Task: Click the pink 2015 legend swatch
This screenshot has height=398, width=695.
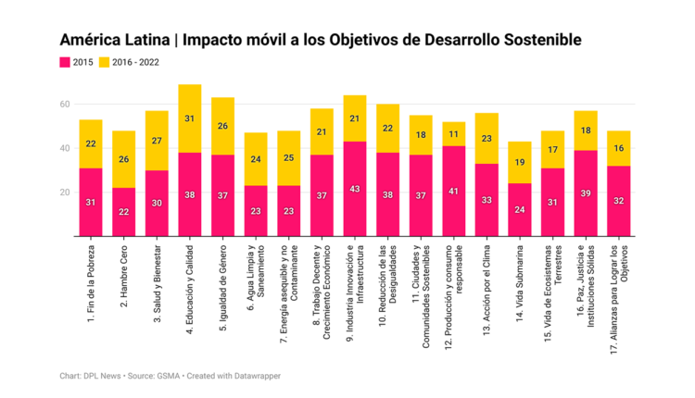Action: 66,62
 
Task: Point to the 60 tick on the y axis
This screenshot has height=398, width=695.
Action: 66,104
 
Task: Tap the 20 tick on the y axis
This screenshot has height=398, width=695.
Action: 66,192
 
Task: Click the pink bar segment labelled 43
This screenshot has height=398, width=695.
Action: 355,189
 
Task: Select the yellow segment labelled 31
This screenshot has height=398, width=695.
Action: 190,118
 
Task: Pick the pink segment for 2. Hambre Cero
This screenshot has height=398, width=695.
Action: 124,212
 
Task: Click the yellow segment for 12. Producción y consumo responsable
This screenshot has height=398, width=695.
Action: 454,134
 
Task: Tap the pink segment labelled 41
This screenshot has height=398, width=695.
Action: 454,191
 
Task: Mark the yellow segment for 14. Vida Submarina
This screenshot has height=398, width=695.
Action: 521,163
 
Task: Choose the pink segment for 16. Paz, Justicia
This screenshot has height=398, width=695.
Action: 586,193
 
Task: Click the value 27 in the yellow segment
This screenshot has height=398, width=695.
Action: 157,141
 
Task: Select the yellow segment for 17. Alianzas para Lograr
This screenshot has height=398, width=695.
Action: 618,148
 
